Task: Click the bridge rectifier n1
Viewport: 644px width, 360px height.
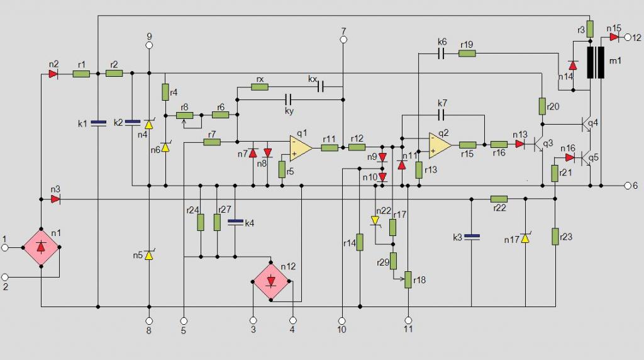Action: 41,247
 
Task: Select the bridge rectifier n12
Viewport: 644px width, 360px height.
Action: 271,281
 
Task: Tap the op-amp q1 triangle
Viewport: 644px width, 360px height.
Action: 300,147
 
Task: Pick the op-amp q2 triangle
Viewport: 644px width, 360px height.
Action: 440,145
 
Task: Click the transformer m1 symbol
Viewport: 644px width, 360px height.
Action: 596,62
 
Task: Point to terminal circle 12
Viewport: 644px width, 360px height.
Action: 628,37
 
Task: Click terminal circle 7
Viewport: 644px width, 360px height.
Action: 343,40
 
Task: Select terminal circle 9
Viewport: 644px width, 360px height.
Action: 149,45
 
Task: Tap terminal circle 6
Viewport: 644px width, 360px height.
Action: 628,186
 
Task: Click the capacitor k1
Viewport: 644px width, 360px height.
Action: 98,123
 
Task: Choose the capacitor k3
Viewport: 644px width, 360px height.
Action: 472,237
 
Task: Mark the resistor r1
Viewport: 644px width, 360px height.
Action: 81,74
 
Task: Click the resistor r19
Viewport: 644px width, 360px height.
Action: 467,53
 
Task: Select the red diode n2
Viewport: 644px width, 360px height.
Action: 53,74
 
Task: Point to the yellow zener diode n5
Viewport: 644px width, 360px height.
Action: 149,255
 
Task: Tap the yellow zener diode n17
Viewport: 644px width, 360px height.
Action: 525,238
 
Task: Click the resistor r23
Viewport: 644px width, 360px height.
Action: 555,237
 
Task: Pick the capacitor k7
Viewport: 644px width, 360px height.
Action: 442,115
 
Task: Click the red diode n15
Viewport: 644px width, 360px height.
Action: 614,37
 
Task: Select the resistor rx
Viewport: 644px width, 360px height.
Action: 260,87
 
